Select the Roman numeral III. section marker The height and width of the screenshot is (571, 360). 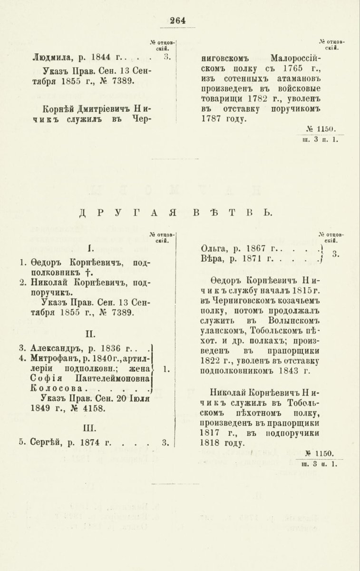click(90, 426)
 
